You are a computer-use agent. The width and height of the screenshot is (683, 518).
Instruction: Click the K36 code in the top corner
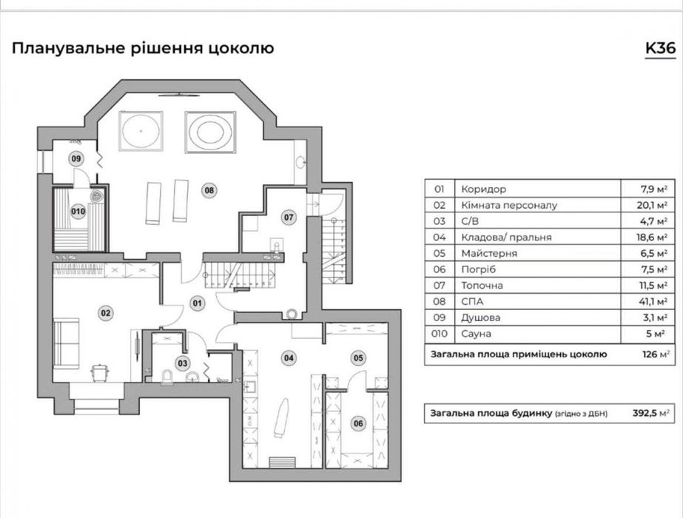[659, 49]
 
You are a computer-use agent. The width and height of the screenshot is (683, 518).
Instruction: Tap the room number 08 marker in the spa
[209, 190]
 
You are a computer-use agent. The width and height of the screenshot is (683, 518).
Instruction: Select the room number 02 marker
[106, 313]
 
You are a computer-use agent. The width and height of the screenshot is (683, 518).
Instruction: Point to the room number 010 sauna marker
[78, 212]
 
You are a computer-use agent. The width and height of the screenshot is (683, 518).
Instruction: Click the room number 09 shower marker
[76, 158]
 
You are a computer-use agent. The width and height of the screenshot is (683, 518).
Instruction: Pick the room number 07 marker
[289, 218]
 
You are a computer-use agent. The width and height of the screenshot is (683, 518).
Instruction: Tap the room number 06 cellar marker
[358, 423]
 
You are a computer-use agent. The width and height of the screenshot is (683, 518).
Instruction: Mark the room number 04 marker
[289, 358]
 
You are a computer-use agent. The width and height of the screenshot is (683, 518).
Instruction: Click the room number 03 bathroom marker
[182, 363]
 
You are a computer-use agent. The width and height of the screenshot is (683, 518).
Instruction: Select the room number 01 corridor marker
[198, 302]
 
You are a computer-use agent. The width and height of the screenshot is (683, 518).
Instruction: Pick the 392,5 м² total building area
[652, 413]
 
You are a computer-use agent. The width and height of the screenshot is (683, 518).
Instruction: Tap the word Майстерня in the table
[485, 253]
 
